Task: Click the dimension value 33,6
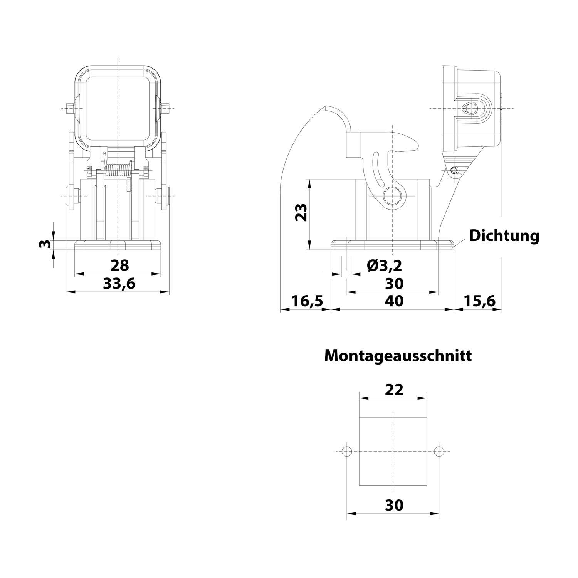click(x=119, y=284)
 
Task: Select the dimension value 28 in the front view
click(x=119, y=265)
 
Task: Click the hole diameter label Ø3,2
click(x=384, y=265)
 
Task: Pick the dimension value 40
click(x=394, y=301)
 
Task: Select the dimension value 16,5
click(x=306, y=301)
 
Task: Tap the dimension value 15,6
click(x=479, y=301)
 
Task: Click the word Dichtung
click(x=504, y=235)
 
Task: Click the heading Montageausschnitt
click(x=398, y=356)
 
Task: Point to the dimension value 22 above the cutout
click(x=394, y=390)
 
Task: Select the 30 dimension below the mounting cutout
click(x=394, y=505)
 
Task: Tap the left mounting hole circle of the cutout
click(x=347, y=451)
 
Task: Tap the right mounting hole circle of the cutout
click(x=439, y=451)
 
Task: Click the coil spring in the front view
click(x=118, y=170)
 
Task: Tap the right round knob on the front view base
click(x=162, y=196)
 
